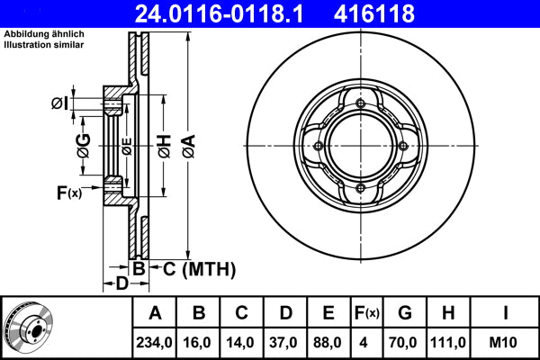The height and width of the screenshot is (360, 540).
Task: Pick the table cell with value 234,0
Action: pyautogui.click(x=155, y=342)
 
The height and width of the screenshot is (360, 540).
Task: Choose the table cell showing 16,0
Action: pyautogui.click(x=199, y=342)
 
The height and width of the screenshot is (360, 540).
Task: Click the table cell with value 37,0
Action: pyautogui.click(x=285, y=342)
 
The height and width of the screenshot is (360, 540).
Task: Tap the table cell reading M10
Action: pyautogui.click(x=505, y=342)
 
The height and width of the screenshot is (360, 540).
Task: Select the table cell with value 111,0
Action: pyautogui.click(x=449, y=342)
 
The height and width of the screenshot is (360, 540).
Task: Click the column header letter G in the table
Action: pyautogui.click(x=405, y=314)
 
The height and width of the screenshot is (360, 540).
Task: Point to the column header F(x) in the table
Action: pyautogui.click(x=366, y=314)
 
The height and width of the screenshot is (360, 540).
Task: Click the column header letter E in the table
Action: pyautogui.click(x=328, y=314)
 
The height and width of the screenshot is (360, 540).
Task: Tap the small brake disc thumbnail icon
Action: pyautogui.click(x=32, y=328)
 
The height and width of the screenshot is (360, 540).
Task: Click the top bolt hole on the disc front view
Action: pyautogui.click(x=360, y=104)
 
